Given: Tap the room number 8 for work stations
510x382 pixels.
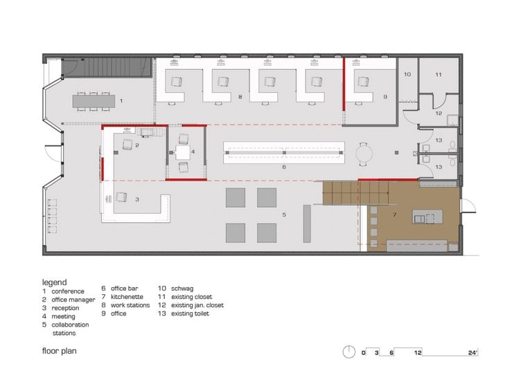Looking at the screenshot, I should tap(240, 97).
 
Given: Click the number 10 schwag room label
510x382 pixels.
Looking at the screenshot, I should tap(407, 73).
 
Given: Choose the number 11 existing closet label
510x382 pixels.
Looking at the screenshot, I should tap(438, 73).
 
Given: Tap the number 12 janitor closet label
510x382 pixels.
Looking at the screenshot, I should tap(438, 113).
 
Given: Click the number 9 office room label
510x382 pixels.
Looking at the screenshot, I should tap(385, 97).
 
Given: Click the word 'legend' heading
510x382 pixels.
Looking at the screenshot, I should tap(54, 282).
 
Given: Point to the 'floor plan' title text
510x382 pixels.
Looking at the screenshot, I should tap(59, 351).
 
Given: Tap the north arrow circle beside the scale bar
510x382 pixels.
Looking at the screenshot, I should tap(350, 351).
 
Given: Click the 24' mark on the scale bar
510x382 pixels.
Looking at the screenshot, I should tap(473, 353).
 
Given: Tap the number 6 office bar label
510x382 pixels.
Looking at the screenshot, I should tap(284, 167).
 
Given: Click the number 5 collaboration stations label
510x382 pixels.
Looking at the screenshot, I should tap(284, 215).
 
